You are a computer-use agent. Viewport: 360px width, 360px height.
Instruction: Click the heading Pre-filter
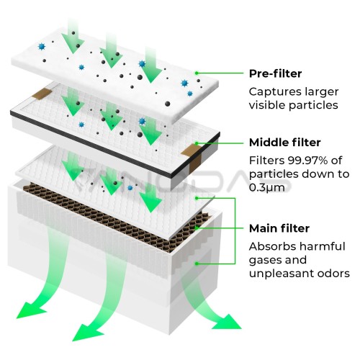tap(275, 73)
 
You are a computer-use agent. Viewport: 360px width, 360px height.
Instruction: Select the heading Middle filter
tap(285, 143)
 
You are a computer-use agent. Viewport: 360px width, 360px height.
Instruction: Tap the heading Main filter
tap(279, 228)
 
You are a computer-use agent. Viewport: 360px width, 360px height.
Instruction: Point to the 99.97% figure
tap(307, 161)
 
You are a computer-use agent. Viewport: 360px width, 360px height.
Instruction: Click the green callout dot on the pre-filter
tap(197, 73)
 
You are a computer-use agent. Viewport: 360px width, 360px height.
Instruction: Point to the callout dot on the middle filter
tap(197, 143)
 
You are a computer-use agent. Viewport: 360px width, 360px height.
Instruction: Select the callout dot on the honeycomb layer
tap(197, 228)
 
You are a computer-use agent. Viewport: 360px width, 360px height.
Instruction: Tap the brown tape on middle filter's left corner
tap(40, 94)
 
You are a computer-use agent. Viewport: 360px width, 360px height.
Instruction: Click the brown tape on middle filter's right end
tap(194, 157)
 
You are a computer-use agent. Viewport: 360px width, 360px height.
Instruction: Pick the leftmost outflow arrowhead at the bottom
tap(30, 310)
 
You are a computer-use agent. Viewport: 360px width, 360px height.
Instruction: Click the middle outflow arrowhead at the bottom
tap(87, 333)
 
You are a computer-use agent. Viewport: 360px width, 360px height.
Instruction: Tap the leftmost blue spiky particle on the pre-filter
tap(42, 47)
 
